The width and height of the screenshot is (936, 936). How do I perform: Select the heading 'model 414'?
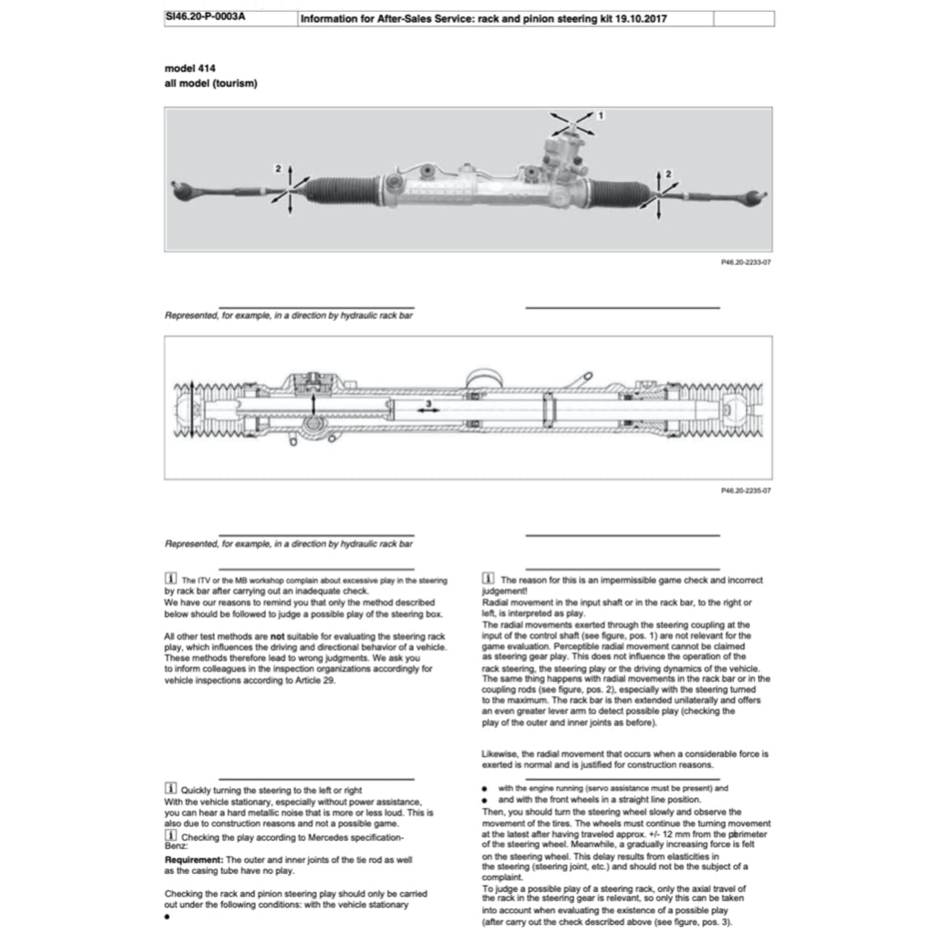click(190, 69)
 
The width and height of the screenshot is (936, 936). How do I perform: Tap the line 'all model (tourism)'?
click(210, 83)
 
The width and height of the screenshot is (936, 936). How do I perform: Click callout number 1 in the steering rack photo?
click(601, 116)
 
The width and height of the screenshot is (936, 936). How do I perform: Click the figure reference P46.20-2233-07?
click(746, 262)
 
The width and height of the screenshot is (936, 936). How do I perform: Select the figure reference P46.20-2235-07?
click(746, 491)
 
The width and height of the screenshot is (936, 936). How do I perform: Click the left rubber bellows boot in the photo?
click(339, 190)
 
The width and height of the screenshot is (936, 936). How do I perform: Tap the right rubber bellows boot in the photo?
click(620, 193)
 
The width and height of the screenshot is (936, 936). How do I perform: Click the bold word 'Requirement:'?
click(194, 861)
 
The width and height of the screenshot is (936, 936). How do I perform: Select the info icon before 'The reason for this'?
click(487, 580)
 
